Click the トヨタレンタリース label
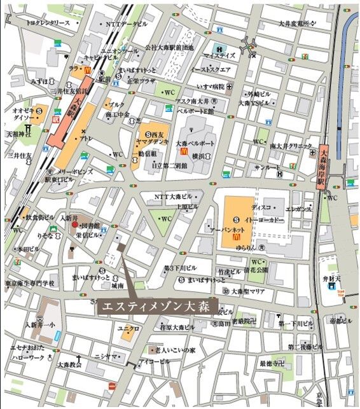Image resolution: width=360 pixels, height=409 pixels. click(x=48, y=23)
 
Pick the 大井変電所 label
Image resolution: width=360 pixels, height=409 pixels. click(x=296, y=24)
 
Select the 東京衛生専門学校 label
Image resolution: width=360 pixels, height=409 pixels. click(x=30, y=282)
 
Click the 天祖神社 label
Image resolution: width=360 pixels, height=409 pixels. click(x=18, y=134)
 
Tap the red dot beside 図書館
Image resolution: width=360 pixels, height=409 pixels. click(x=74, y=225)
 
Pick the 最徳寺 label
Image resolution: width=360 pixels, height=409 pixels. click(x=271, y=363)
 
